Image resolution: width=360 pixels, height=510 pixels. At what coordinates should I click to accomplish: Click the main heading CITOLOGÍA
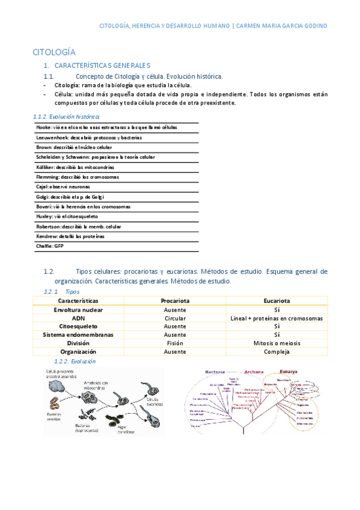pos(53,52)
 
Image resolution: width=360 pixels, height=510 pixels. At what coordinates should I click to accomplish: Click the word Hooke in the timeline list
pos(43,127)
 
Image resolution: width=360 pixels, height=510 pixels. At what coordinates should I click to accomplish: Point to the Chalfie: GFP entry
pos(49,246)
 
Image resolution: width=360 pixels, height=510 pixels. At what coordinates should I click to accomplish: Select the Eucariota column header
pos(277,300)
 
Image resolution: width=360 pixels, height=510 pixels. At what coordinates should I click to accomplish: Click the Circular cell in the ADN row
pos(175,318)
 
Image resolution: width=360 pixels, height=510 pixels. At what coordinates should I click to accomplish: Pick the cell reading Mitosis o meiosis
pos(277,343)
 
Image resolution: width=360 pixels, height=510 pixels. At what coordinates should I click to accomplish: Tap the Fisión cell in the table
pos(175,343)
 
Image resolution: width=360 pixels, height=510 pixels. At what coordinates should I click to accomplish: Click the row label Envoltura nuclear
pos(78,309)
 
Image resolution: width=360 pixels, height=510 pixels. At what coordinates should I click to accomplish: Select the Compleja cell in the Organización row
pos(277,352)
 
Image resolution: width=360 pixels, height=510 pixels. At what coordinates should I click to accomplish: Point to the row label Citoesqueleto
pos(78,326)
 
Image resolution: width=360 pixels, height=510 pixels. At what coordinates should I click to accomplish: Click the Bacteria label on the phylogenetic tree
pos(215,371)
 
